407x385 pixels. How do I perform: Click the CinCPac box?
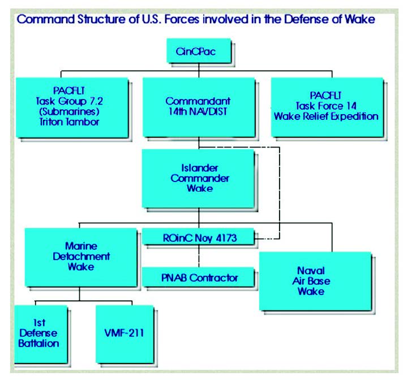pyautogui.click(x=199, y=51)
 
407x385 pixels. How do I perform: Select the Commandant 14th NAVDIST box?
pyautogui.click(x=199, y=107)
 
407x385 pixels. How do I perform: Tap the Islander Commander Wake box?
pyautogui.click(x=198, y=179)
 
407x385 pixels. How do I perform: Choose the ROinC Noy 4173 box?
pyautogui.click(x=198, y=236)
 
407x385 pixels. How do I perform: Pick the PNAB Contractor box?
pyautogui.click(x=198, y=277)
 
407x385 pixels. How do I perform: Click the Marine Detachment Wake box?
pyautogui.click(x=81, y=257)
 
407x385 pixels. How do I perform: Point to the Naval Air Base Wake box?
pyautogui.click(x=315, y=281)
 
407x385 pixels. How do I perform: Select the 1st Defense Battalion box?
pyautogui.click(x=41, y=335)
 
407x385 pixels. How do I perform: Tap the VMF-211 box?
pyautogui.click(x=125, y=335)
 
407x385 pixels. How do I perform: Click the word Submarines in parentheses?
pyautogui.click(x=69, y=111)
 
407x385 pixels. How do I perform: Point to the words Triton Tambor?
pyautogui.click(x=69, y=122)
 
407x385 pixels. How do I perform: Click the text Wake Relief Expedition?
pyautogui.click(x=326, y=116)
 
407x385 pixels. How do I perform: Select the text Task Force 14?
pyautogui.click(x=326, y=106)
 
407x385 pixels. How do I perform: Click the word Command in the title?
pyautogui.click(x=46, y=19)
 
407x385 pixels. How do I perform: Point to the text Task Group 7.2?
pyautogui.click(x=69, y=101)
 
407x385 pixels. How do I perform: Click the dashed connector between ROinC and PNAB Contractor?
pyautogui.click(x=199, y=256)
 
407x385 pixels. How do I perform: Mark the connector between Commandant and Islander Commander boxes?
pyautogui.click(x=199, y=143)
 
